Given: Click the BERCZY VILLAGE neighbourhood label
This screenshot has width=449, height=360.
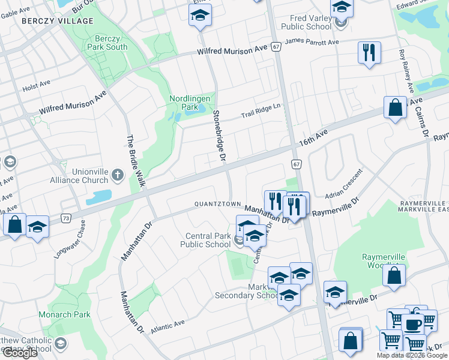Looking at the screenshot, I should pyautogui.click(x=58, y=21).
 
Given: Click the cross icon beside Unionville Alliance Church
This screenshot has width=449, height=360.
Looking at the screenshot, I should pyautogui.click(x=118, y=175).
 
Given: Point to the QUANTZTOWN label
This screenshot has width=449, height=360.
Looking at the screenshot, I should pyautogui.click(x=217, y=204).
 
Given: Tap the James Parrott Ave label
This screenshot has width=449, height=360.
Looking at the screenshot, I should pyautogui.click(x=312, y=42).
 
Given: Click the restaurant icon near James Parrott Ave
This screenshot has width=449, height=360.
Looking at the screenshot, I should pyautogui.click(x=369, y=52).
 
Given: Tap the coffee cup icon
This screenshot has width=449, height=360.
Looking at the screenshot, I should pyautogui.click(x=412, y=324).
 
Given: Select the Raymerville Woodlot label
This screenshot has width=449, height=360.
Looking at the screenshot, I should pyautogui.click(x=384, y=261).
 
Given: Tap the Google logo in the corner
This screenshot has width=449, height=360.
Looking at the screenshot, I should pyautogui.click(x=20, y=353).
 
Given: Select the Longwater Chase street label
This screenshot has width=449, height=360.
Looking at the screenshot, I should pyautogui.click(x=70, y=239).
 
